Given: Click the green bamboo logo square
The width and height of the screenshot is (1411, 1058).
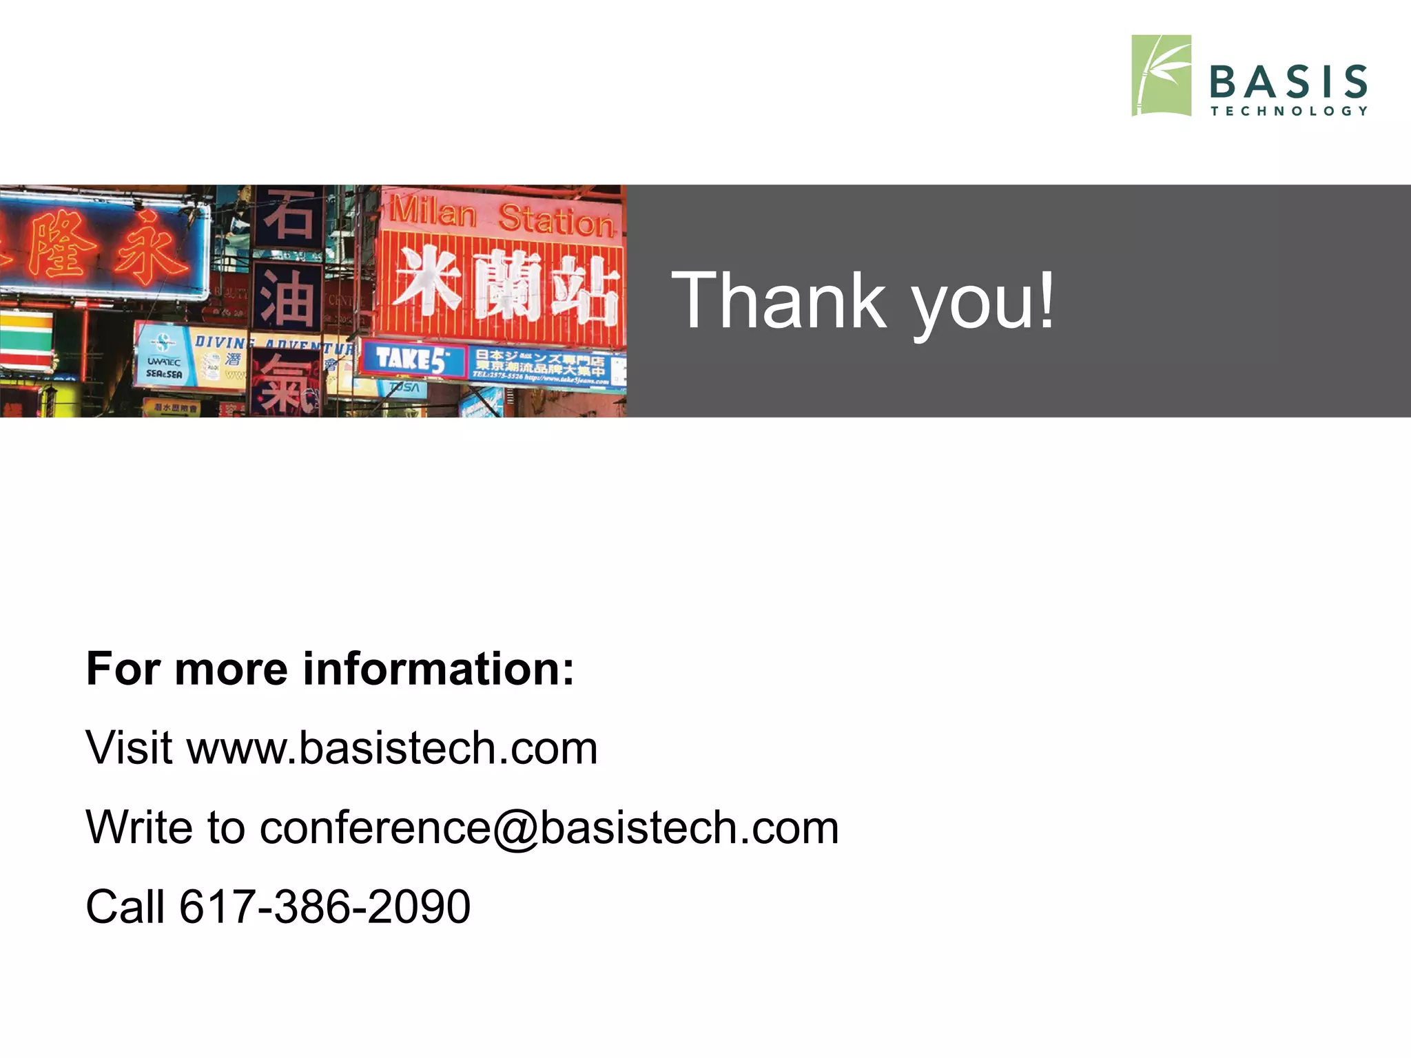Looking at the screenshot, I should pos(1161,76).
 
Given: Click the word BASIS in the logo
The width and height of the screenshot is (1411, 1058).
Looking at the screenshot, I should pos(1288,82).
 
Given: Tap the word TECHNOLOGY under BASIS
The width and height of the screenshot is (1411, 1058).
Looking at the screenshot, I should pos(1288,111).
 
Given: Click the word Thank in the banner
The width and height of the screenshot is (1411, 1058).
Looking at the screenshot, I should pos(779,300).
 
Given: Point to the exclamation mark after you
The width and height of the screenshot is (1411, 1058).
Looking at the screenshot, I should pos(1047,300).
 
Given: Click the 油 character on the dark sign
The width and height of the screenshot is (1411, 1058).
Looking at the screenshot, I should pos(287,298).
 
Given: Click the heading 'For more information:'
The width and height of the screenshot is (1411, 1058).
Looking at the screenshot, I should pos(330,669).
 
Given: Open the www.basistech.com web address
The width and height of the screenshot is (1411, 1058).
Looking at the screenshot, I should pos(392,748).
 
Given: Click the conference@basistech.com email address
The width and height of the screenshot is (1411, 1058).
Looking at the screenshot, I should pos(549,827).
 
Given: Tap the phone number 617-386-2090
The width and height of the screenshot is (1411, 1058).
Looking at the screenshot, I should pos(325,906).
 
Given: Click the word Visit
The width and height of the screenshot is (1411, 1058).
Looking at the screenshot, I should pos(129,748).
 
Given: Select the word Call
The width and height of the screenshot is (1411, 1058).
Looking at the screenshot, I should pos(125,906).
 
